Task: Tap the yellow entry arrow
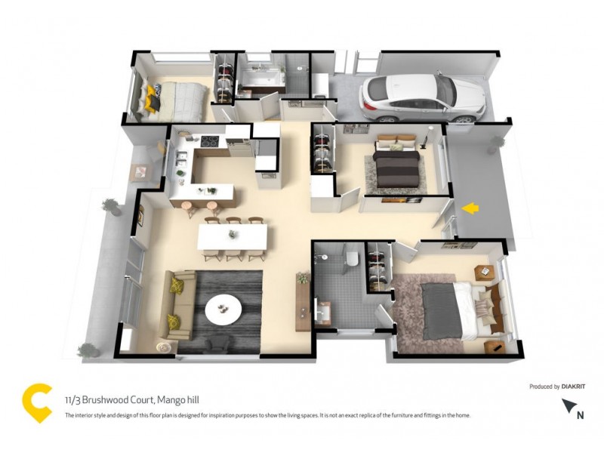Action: (x=470, y=208)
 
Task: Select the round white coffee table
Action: (x=224, y=307)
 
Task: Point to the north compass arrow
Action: (x=569, y=405)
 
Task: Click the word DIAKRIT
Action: (x=573, y=387)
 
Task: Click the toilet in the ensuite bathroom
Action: (x=352, y=258)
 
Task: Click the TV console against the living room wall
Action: (x=303, y=302)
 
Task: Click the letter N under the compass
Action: (x=580, y=414)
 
